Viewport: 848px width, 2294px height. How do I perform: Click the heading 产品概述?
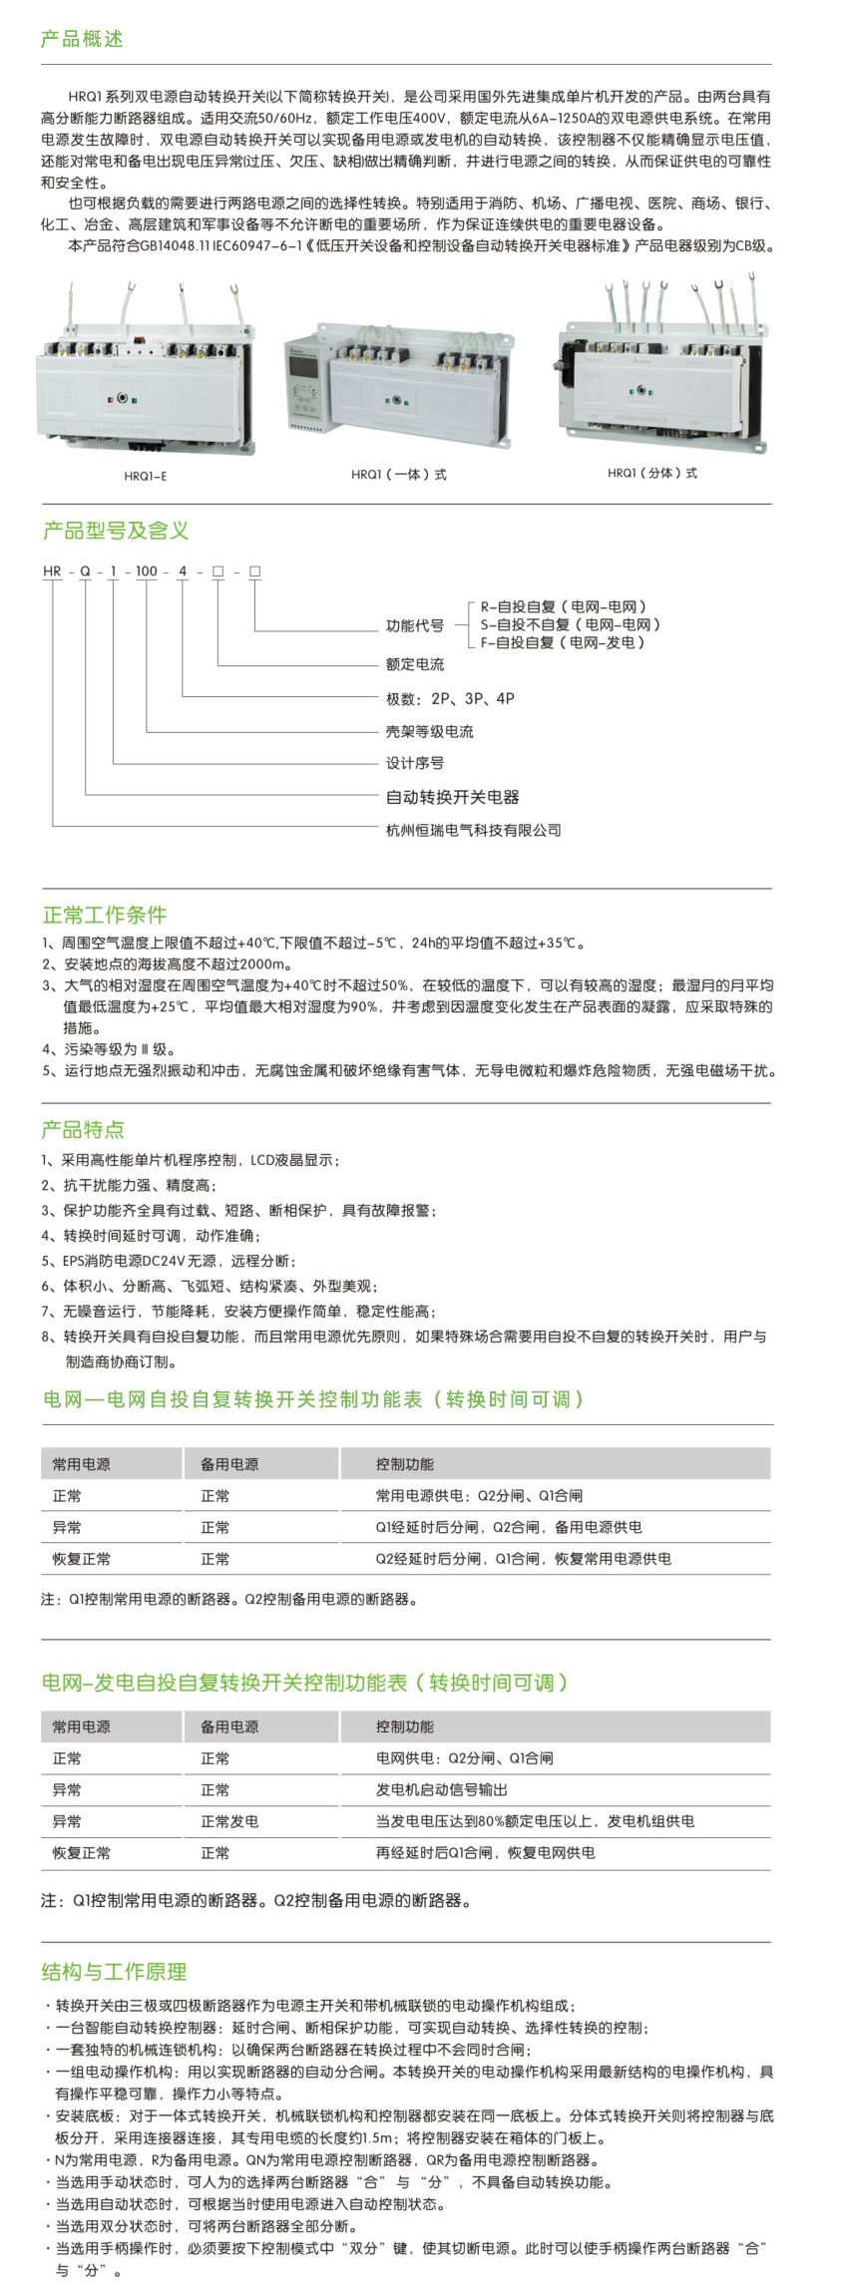coord(82,39)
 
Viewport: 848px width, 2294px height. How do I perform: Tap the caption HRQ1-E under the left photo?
coord(146,476)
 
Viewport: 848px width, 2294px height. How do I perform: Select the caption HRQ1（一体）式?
coord(399,475)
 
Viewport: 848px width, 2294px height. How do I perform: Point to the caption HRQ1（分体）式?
coord(652,473)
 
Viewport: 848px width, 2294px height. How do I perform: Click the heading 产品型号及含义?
coord(116,531)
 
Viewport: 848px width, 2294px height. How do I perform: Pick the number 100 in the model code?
coord(147,572)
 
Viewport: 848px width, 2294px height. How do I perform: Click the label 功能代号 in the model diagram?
coord(415,625)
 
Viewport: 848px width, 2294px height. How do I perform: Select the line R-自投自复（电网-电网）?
coord(564,606)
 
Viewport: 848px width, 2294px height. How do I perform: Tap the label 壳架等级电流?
coord(430,731)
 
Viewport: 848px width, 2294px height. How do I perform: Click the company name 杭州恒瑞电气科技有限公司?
coord(474,830)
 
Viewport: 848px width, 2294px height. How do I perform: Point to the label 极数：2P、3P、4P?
coord(450,698)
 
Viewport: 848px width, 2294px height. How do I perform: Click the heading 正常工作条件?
coord(105,915)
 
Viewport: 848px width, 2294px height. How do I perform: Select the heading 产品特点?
coord(83,1129)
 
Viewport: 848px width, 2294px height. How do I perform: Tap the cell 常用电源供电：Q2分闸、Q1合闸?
coord(479,1495)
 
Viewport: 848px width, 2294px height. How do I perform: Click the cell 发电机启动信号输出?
coord(441,1789)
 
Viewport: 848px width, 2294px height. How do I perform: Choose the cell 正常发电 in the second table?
coord(229,1821)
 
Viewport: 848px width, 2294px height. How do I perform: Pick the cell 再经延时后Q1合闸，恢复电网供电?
coord(485,1852)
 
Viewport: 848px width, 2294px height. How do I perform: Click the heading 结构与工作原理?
coord(115,1971)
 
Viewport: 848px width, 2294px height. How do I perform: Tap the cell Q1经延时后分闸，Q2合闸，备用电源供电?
coord(509,1527)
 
